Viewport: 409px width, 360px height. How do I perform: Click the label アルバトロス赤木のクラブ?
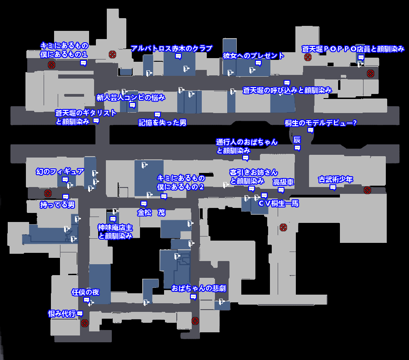click(171, 49)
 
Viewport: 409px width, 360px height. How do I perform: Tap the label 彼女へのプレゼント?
click(254, 56)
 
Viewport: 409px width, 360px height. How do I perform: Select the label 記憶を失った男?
click(162, 123)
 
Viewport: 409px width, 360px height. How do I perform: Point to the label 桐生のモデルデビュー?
click(320, 123)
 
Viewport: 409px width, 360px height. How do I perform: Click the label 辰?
click(297, 139)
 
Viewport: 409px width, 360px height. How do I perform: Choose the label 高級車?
click(283, 182)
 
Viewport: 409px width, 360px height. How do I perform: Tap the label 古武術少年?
click(335, 179)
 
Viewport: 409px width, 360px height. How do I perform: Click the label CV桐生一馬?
click(278, 203)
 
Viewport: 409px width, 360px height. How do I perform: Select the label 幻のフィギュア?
click(60, 171)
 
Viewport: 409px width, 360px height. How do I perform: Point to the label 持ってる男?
click(57, 205)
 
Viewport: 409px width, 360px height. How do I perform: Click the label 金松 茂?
click(151, 212)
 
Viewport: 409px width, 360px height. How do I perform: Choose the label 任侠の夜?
click(85, 292)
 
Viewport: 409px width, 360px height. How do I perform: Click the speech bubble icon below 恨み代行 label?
click(80, 314)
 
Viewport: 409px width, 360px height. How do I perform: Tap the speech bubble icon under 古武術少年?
click(333, 187)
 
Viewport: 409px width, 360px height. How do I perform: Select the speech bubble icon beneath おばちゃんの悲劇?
click(193, 297)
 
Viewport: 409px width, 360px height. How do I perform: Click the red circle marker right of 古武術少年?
click(367, 190)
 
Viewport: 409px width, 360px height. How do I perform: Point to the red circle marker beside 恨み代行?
click(84, 323)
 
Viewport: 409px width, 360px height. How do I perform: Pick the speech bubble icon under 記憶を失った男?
click(157, 114)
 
